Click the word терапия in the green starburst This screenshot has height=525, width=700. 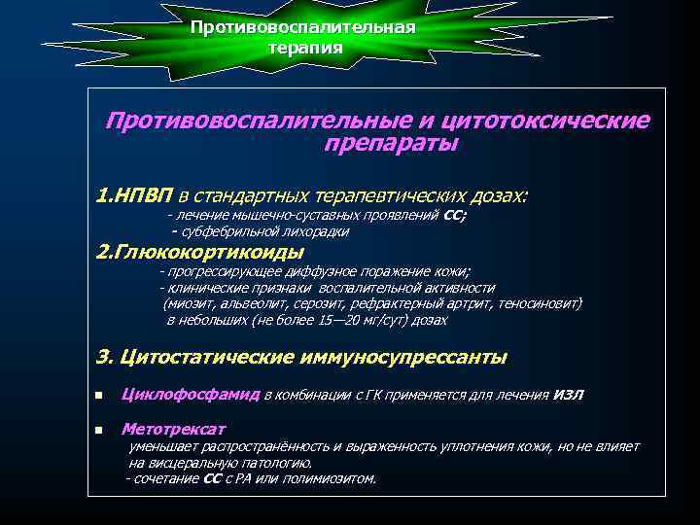305,47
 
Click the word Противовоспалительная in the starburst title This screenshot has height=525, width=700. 303,27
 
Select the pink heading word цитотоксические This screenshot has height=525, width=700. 544,122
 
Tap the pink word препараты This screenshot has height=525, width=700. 392,144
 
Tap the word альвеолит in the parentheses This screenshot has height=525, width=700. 247,303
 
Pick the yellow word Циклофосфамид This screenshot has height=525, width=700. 190,394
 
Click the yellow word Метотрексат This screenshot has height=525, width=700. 173,428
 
